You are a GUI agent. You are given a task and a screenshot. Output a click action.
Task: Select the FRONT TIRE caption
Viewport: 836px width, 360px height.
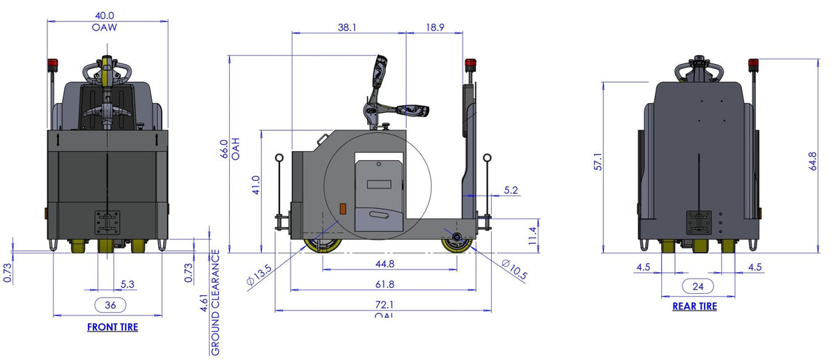[x=112, y=327]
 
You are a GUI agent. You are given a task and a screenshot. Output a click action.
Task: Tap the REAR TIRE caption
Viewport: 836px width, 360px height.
[x=694, y=306]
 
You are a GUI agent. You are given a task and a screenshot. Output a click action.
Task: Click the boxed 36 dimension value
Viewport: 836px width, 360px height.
[x=110, y=304]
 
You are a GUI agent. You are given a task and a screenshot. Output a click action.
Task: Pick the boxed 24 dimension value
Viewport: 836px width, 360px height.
[x=697, y=285]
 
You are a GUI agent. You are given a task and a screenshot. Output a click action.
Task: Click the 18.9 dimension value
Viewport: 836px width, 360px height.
[x=434, y=27]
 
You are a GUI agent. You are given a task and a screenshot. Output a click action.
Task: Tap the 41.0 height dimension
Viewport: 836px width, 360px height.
[x=256, y=185]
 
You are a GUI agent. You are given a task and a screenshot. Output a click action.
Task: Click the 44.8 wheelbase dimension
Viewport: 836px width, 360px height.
[x=384, y=264]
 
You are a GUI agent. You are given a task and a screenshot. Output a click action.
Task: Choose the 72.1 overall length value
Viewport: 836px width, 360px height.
[x=384, y=304]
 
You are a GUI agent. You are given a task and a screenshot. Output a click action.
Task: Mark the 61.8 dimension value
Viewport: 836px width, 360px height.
[x=384, y=284]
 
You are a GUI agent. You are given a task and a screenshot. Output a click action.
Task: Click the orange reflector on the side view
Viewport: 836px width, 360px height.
[x=341, y=208]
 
